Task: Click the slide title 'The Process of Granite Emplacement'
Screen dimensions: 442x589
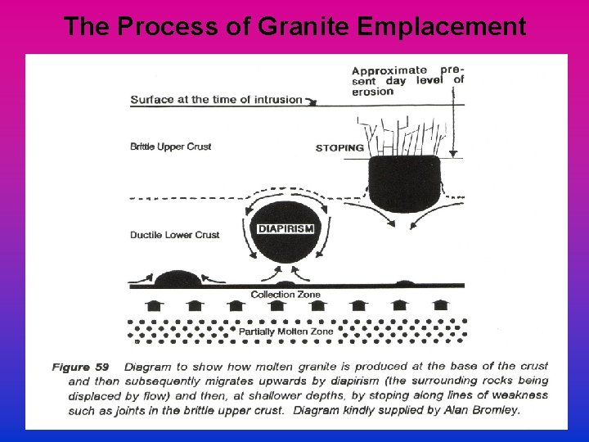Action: (x=294, y=26)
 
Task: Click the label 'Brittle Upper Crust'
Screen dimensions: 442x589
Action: (x=170, y=147)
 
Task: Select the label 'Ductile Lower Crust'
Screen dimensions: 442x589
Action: (x=174, y=235)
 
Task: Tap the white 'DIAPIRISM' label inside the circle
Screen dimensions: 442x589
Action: (x=286, y=228)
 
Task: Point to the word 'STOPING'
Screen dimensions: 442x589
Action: (x=339, y=148)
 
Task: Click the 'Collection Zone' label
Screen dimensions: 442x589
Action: (x=286, y=295)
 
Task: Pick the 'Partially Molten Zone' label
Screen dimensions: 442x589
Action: (x=286, y=331)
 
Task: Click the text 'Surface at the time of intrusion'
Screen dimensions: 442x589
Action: (x=215, y=101)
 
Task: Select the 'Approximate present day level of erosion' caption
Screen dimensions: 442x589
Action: (x=407, y=80)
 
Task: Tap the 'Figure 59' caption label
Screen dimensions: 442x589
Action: (x=80, y=366)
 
